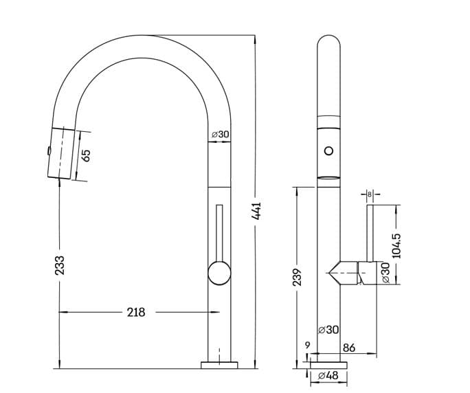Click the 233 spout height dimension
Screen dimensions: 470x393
60,265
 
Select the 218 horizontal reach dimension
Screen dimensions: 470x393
136,313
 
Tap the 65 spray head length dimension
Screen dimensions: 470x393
86,155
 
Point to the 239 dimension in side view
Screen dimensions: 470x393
297,277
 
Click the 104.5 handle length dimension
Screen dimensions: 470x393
396,246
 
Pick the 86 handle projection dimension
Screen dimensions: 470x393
349,348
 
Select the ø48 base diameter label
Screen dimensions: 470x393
328,375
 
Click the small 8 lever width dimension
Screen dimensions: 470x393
370,194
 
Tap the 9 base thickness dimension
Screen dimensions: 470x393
308,346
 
